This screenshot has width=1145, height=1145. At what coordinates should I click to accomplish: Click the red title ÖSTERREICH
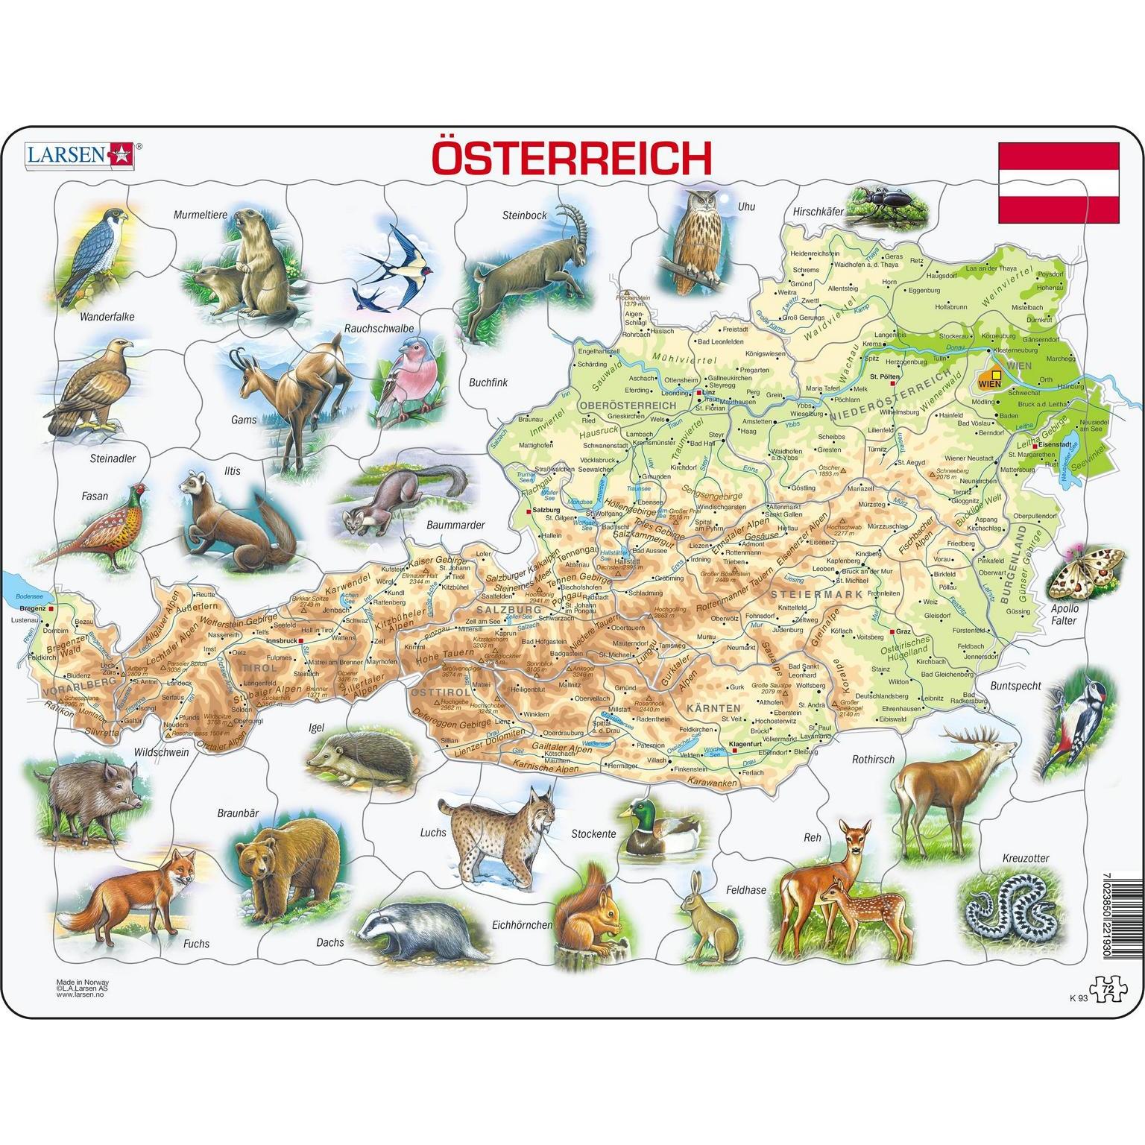[x=572, y=159]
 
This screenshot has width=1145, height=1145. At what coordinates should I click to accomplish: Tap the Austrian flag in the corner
[x=1059, y=183]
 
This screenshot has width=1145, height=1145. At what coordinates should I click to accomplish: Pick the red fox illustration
[x=134, y=895]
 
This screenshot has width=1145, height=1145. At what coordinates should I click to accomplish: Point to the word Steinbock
[x=524, y=215]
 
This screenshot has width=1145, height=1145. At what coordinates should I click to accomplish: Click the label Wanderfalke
[x=107, y=317]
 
